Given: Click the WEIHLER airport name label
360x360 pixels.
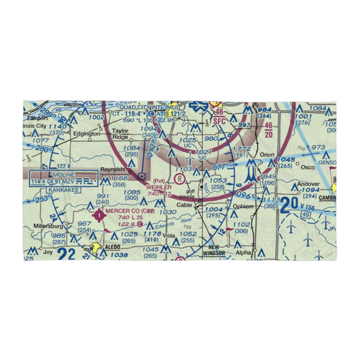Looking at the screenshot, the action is [x=159, y=187].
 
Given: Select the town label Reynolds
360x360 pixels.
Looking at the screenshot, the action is [x=113, y=169].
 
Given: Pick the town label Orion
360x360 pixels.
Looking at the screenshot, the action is [x=267, y=154].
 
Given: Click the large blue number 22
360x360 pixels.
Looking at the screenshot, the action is [x=67, y=254].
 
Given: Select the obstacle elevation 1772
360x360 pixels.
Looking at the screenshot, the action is [x=242, y=149].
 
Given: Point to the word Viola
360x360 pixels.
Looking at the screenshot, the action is [x=168, y=236].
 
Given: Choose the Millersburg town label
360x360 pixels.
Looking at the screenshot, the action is [x=48, y=226].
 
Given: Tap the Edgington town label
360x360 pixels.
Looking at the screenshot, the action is [x=86, y=134].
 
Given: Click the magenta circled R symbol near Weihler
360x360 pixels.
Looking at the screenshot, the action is [x=179, y=178].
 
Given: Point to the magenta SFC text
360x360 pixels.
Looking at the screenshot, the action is [x=219, y=121].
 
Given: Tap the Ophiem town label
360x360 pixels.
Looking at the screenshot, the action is [x=244, y=207].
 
